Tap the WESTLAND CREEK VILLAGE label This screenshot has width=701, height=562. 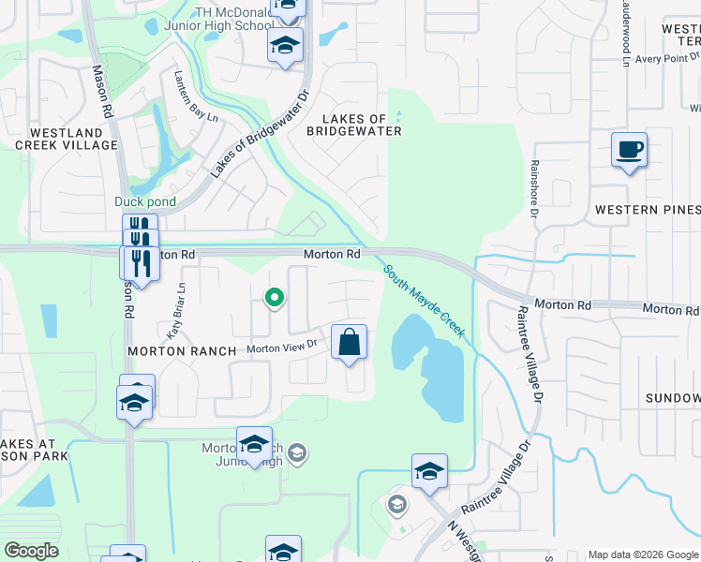coord(73,139)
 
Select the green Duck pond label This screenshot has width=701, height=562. coord(144,201)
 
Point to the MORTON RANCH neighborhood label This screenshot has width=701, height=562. coord(182,350)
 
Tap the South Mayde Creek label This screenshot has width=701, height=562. coord(424,301)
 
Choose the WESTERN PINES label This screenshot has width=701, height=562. coord(647,209)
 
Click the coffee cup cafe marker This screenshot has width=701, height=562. coord(629,150)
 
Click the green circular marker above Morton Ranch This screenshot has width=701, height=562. coord(274,299)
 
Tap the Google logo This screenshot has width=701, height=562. coord(32,551)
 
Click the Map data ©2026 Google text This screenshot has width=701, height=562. coord(643,555)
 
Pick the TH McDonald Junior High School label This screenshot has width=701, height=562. coord(233,19)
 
